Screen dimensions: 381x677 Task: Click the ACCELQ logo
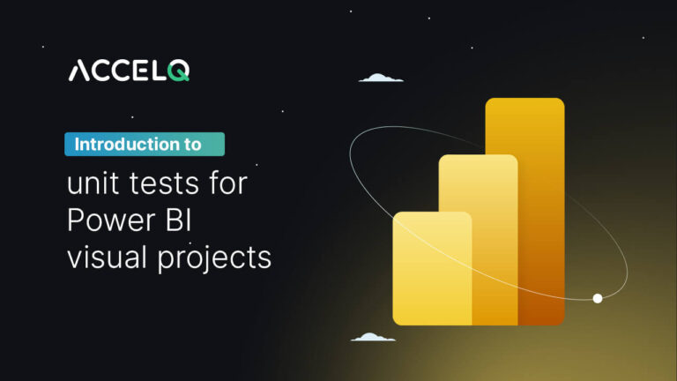pos(128,71)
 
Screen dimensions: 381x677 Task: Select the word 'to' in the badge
pos(192,144)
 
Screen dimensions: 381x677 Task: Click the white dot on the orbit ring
pos(598,299)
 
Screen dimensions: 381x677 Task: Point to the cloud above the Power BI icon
pos(381,78)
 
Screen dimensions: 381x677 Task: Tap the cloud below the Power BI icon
pos(373,337)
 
